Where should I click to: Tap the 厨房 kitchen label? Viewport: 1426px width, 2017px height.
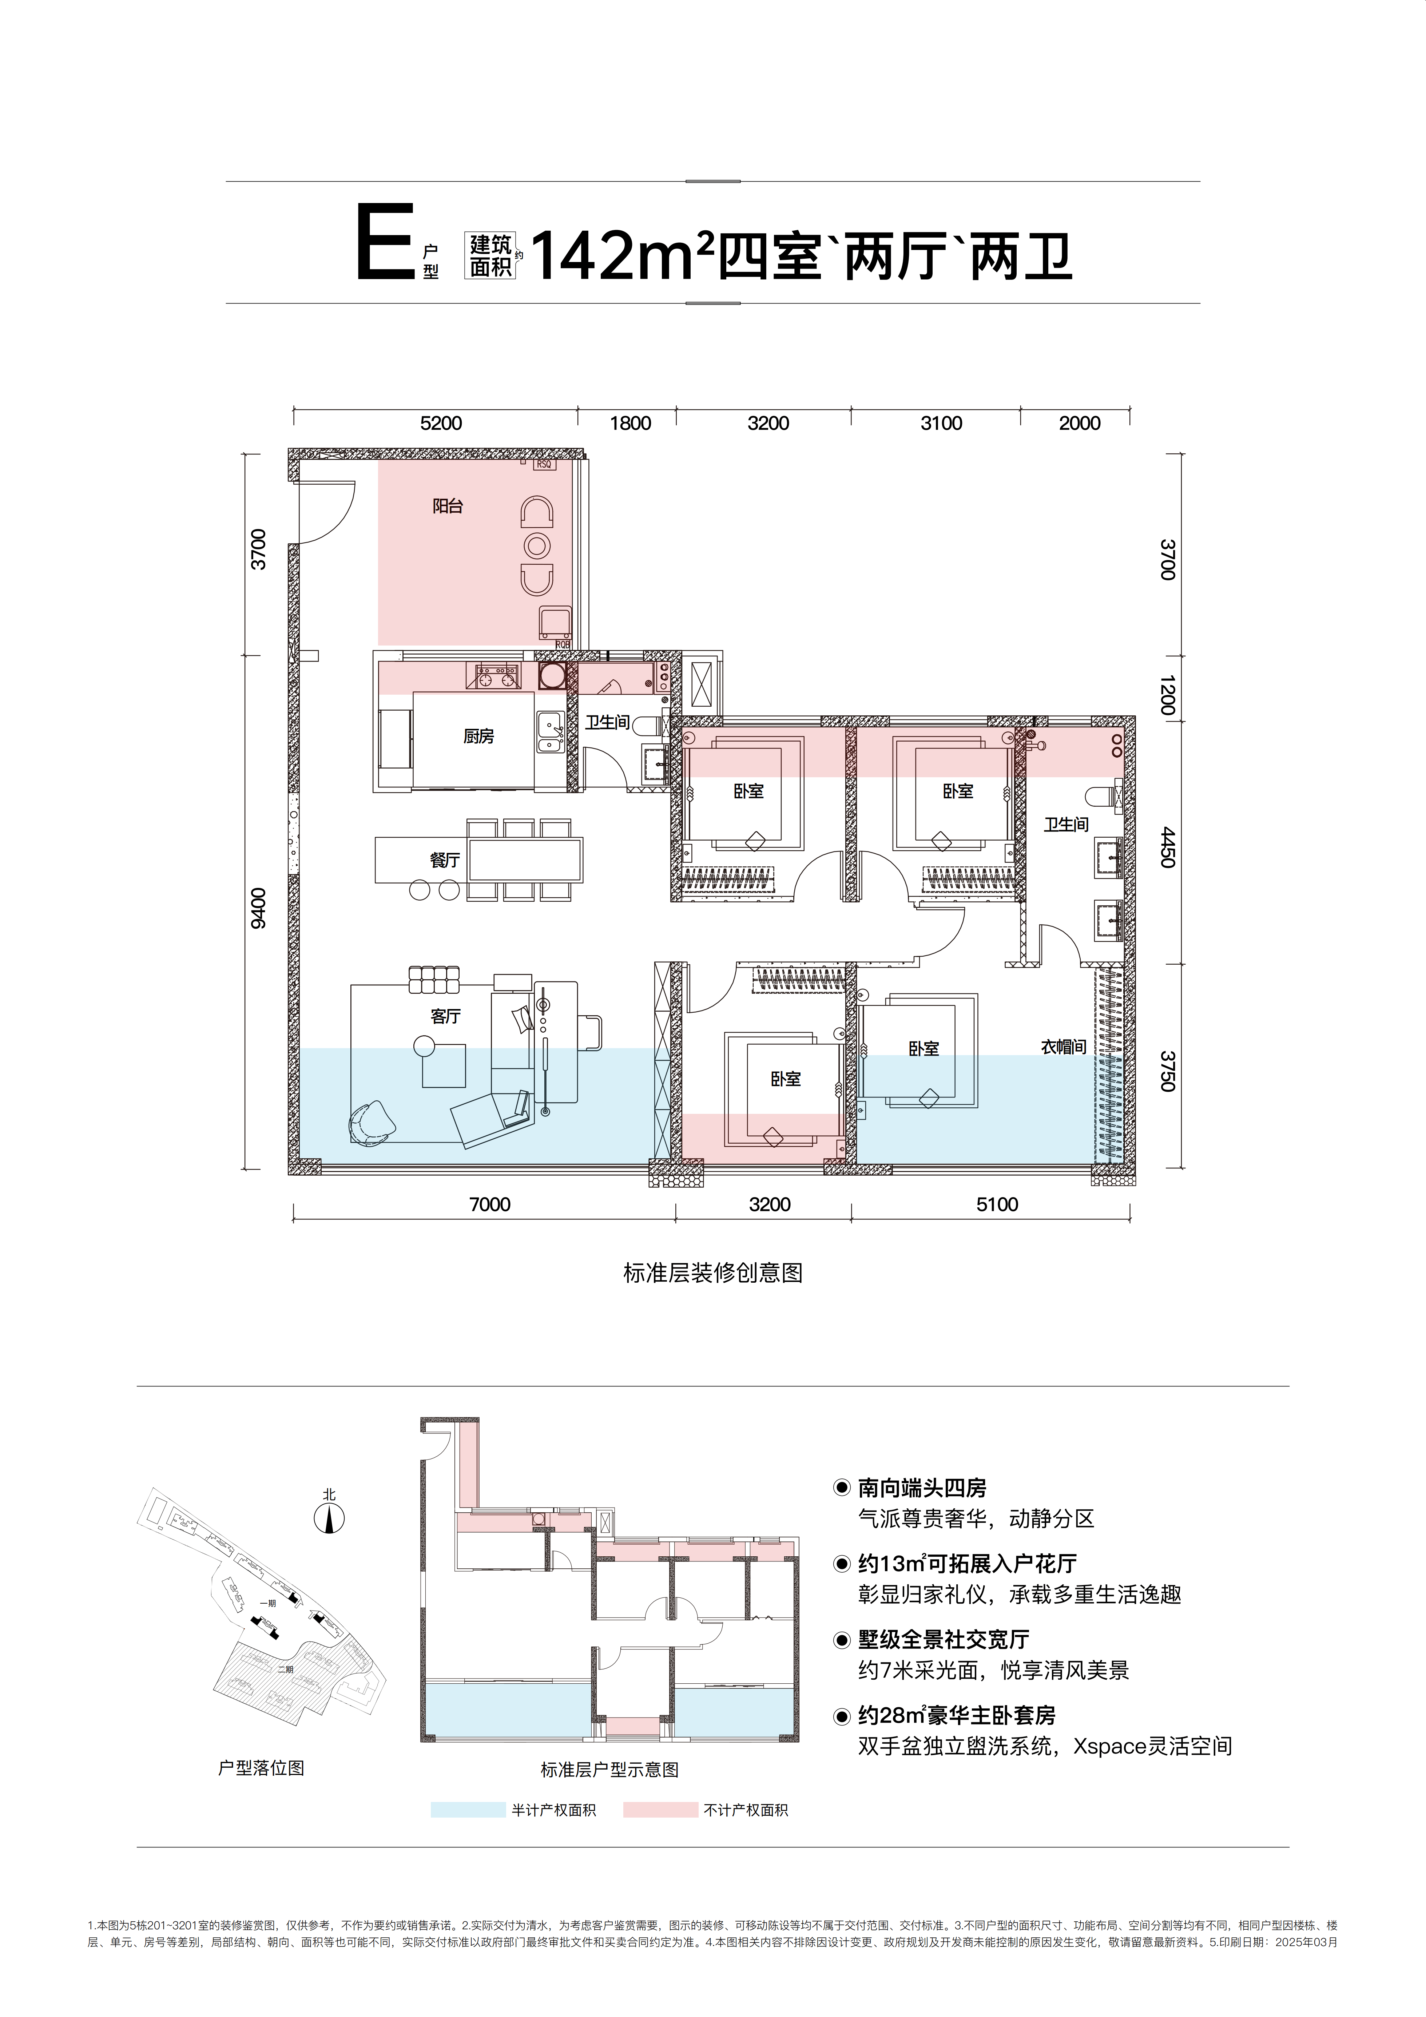(479, 736)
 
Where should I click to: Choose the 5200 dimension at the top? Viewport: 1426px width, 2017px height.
(441, 424)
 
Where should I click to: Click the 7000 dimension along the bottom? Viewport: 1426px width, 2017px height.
(489, 1204)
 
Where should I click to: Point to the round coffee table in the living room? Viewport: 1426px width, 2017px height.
(424, 1045)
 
